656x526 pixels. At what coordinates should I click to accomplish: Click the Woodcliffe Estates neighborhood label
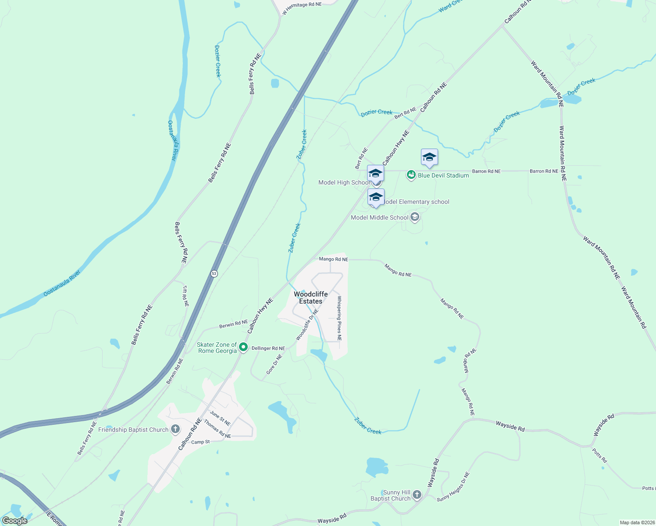point(310,298)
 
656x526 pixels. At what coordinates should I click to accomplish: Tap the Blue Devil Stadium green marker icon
point(411,175)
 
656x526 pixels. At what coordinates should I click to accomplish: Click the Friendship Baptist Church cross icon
point(175,429)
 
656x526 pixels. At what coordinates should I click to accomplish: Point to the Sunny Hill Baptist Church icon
point(417,495)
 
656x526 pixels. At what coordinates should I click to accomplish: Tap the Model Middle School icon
point(415,217)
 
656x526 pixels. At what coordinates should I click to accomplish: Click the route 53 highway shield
point(214,274)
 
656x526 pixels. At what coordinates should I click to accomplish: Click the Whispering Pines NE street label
point(339,318)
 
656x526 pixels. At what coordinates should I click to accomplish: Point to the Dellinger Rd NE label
point(268,348)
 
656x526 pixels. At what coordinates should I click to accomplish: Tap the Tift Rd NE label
point(185,296)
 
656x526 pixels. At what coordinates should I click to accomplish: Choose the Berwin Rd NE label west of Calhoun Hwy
point(233,324)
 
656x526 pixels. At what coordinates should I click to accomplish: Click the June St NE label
point(220,418)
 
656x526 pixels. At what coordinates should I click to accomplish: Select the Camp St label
point(200,442)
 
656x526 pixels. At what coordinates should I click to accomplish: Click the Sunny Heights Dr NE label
point(453,487)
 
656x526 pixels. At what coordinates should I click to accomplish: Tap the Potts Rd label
point(599,455)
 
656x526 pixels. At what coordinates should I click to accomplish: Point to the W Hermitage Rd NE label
point(302,8)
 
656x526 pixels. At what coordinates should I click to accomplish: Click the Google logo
point(15,521)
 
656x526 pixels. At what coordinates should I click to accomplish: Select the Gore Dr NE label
point(275,364)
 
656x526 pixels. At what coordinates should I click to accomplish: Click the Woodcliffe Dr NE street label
point(307,324)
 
